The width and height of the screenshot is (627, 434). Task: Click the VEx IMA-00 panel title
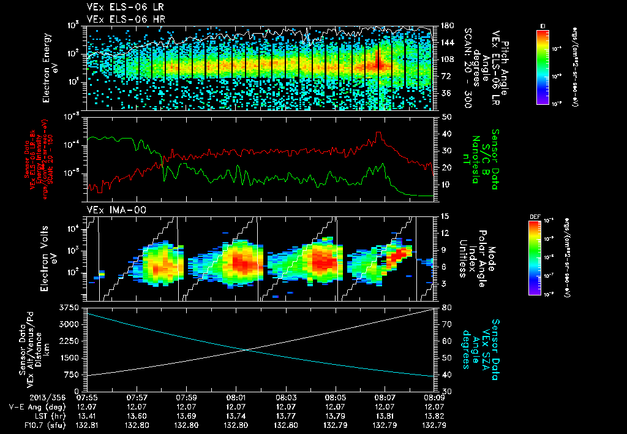click(111, 210)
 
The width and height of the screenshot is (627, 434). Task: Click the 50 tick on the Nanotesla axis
click(445, 116)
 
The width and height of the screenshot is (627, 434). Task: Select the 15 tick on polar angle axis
click(444, 216)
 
